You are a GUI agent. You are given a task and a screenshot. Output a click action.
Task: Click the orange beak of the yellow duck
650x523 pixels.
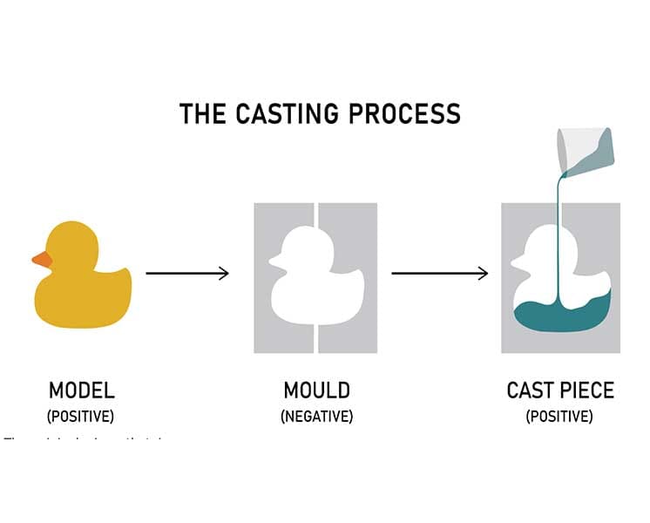point(41,259)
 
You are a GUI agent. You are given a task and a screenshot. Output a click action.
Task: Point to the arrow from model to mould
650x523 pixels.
point(186,274)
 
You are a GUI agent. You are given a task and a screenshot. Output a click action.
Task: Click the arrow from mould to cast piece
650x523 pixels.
point(439,274)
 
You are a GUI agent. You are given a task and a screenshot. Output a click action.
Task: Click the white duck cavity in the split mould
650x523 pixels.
point(315,279)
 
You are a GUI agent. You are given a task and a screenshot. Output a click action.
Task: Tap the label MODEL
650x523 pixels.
point(81,391)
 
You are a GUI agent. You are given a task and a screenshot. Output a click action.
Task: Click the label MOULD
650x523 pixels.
point(316,391)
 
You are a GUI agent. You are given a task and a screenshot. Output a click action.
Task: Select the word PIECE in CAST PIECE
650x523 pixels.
point(589,391)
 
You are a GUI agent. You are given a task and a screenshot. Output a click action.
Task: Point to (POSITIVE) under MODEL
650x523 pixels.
point(80,417)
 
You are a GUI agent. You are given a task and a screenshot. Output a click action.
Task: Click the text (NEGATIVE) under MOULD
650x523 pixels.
point(316,417)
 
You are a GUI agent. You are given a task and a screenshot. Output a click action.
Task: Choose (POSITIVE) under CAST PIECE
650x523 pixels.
point(559,417)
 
